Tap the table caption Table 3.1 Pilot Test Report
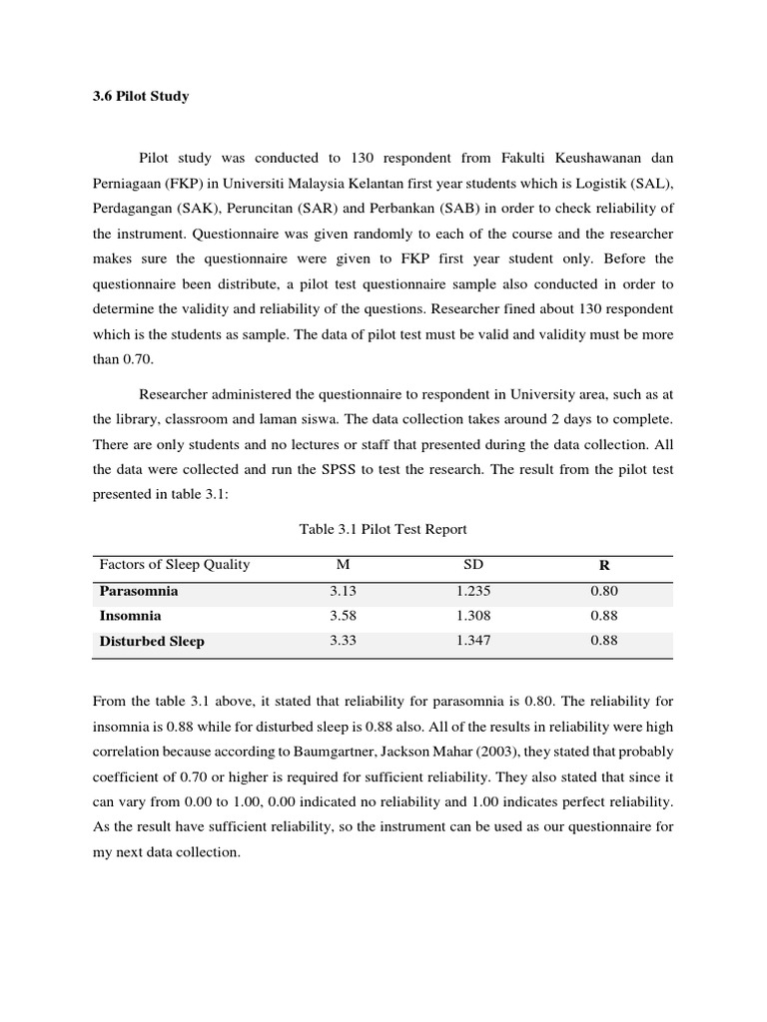383,529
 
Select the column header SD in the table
472,565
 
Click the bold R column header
603,566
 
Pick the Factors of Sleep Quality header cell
174,565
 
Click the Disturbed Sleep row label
152,642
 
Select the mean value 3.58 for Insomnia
343,616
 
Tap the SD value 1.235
473,591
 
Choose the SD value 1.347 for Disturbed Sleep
473,642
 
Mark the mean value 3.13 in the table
343,591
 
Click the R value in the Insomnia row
603,616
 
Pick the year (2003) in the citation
601,752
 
